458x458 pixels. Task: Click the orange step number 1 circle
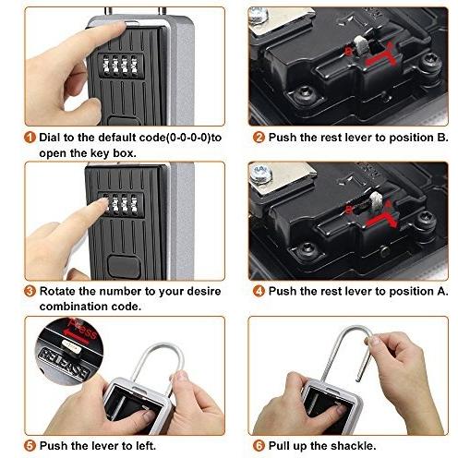(30, 138)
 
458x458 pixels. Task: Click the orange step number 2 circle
(259, 138)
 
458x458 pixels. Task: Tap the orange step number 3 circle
(30, 291)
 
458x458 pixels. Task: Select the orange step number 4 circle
(259, 291)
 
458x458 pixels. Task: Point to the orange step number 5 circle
(30, 445)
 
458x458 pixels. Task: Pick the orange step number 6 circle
(259, 445)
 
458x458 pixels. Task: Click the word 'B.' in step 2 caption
(442, 138)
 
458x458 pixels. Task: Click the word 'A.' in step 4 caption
(442, 291)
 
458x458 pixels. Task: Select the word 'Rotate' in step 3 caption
(57, 291)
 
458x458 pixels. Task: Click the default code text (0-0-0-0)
(188, 138)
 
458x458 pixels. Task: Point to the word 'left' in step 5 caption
(145, 445)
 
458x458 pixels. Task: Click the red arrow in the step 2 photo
(380, 54)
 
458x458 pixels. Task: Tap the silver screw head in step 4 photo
(260, 175)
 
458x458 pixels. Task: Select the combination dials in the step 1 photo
(120, 66)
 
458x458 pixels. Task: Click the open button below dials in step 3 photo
(124, 267)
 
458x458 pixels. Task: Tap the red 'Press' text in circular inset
(82, 329)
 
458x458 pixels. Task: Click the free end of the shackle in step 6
(358, 380)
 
